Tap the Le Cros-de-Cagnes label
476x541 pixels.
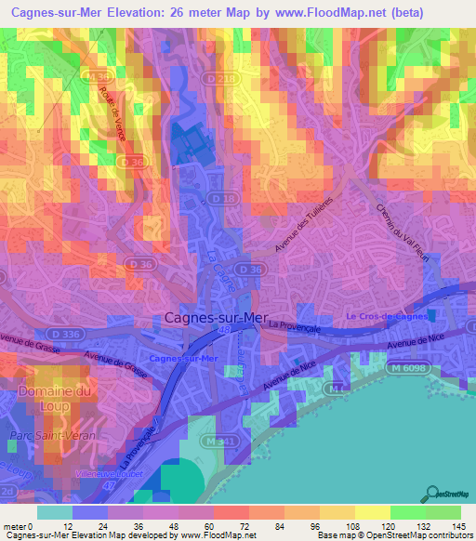point(386,316)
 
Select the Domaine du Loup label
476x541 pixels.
point(56,399)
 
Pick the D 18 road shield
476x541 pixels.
point(220,199)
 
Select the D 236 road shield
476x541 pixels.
point(223,80)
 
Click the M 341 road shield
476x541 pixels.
point(216,440)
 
